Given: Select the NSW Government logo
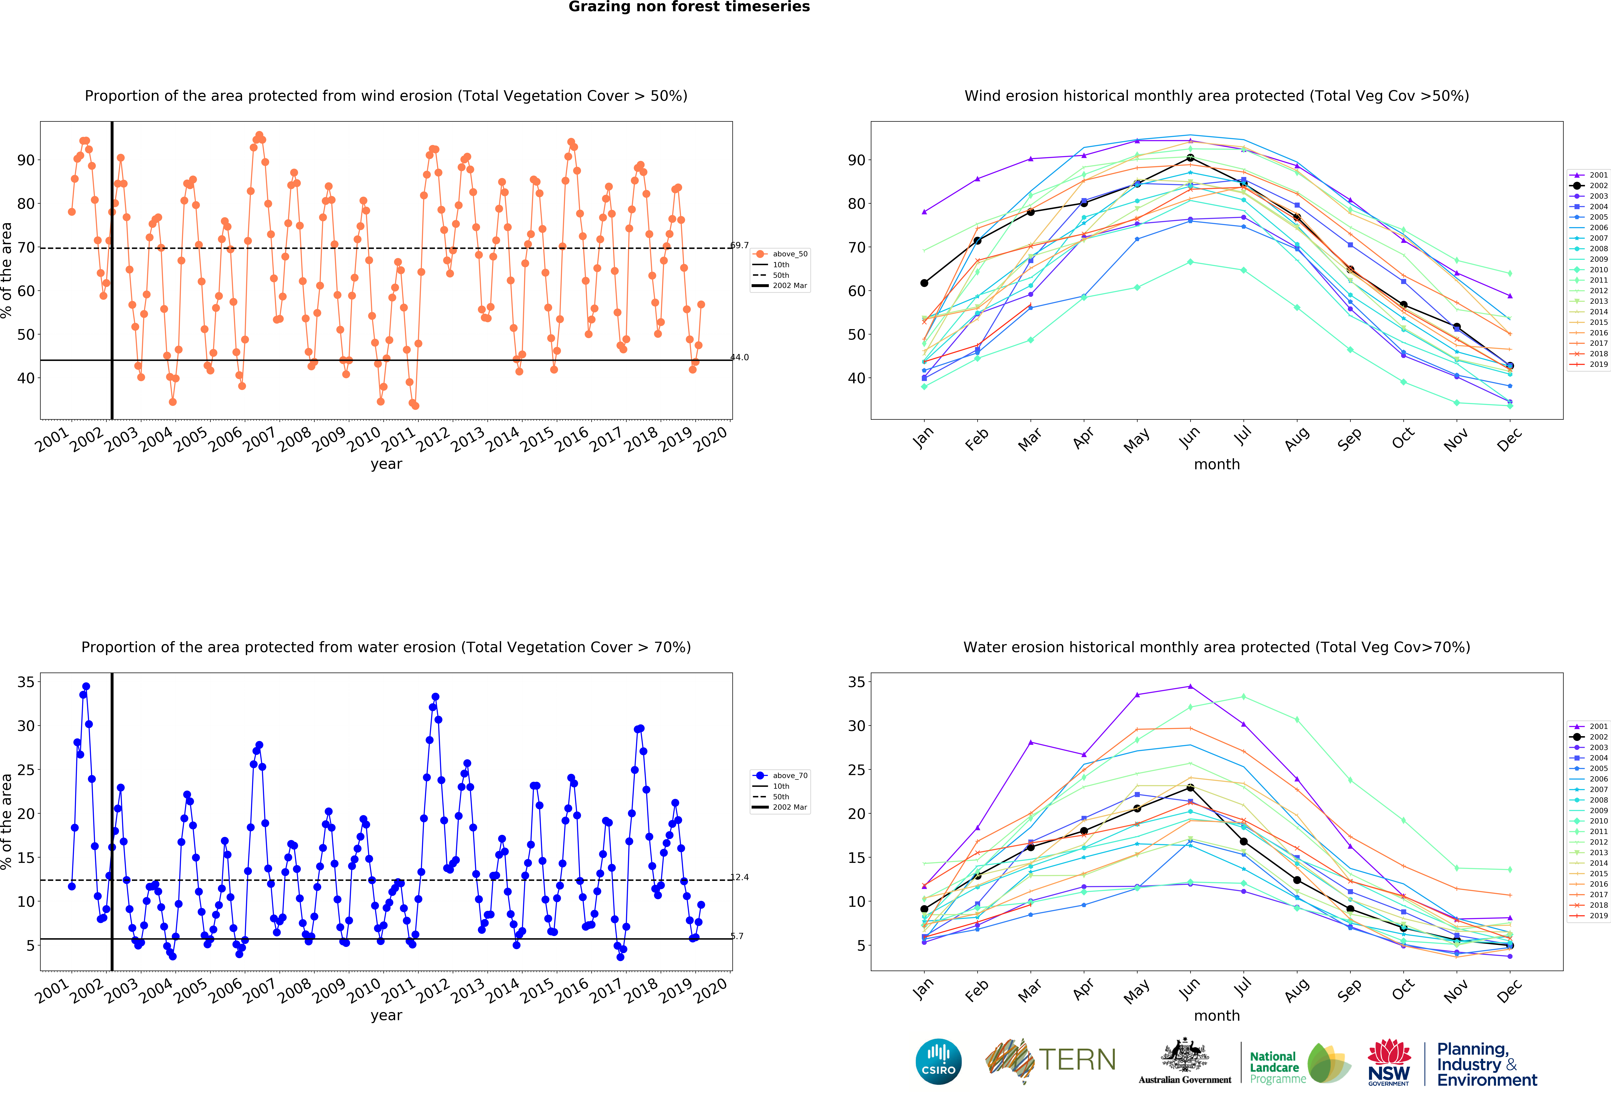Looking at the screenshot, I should click(1389, 1062).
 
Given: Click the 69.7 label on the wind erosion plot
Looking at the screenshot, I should click(740, 245).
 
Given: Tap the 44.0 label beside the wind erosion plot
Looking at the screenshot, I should click(740, 358).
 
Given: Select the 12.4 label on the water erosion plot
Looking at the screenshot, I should click(740, 877).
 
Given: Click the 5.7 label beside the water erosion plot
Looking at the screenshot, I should click(737, 936).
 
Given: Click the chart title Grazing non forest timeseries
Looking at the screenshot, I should click(689, 7).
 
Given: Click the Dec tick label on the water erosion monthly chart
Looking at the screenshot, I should click(1508, 991).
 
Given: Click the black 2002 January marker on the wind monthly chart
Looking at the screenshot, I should click(924, 283).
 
